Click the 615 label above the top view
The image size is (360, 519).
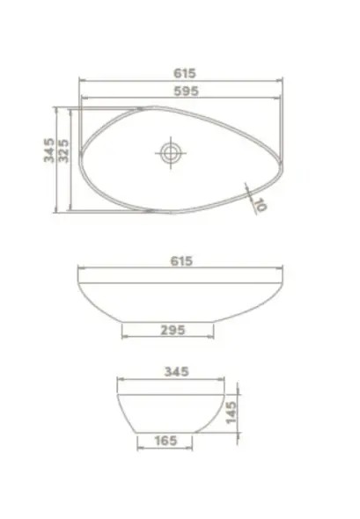(185, 73)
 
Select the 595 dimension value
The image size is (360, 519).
(186, 91)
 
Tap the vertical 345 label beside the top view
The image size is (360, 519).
(49, 150)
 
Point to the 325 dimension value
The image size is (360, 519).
(63, 150)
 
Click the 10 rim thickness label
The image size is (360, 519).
(261, 205)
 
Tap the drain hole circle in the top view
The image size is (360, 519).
(171, 153)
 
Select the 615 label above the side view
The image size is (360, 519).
(181, 261)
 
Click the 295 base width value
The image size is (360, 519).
(173, 330)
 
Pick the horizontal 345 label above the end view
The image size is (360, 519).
(177, 371)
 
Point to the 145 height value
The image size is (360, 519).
(231, 413)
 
